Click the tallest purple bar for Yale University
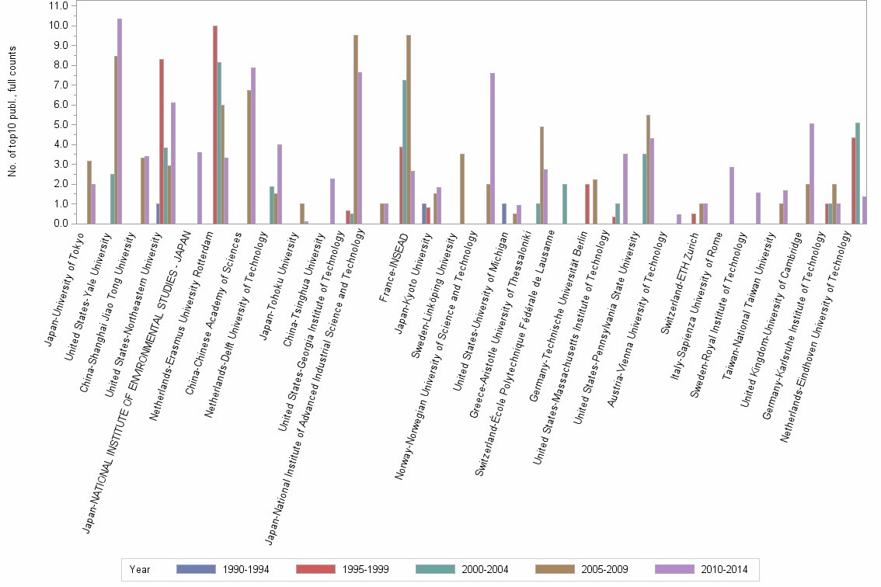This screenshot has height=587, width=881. click(x=120, y=121)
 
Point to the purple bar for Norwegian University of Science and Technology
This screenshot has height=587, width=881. click(x=493, y=148)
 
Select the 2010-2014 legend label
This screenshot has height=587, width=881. click(x=706, y=570)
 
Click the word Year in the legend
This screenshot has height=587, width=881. click(x=141, y=570)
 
